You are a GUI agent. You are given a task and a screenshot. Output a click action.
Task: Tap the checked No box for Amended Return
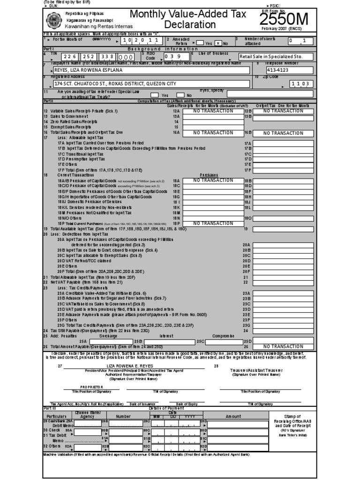218,43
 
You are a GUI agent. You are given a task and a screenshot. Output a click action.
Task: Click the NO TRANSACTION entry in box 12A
210,111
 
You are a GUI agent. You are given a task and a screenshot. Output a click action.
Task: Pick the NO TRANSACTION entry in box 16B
283,133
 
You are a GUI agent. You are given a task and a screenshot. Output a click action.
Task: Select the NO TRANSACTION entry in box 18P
210,224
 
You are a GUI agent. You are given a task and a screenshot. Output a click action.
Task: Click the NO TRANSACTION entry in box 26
283,346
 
